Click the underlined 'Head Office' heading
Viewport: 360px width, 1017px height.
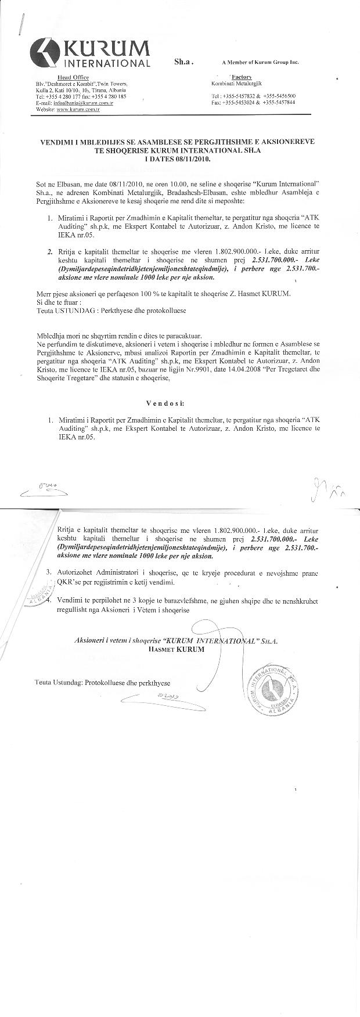point(68,77)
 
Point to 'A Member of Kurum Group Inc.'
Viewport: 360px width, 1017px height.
point(260,62)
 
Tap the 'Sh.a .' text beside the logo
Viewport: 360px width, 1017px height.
point(183,61)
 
